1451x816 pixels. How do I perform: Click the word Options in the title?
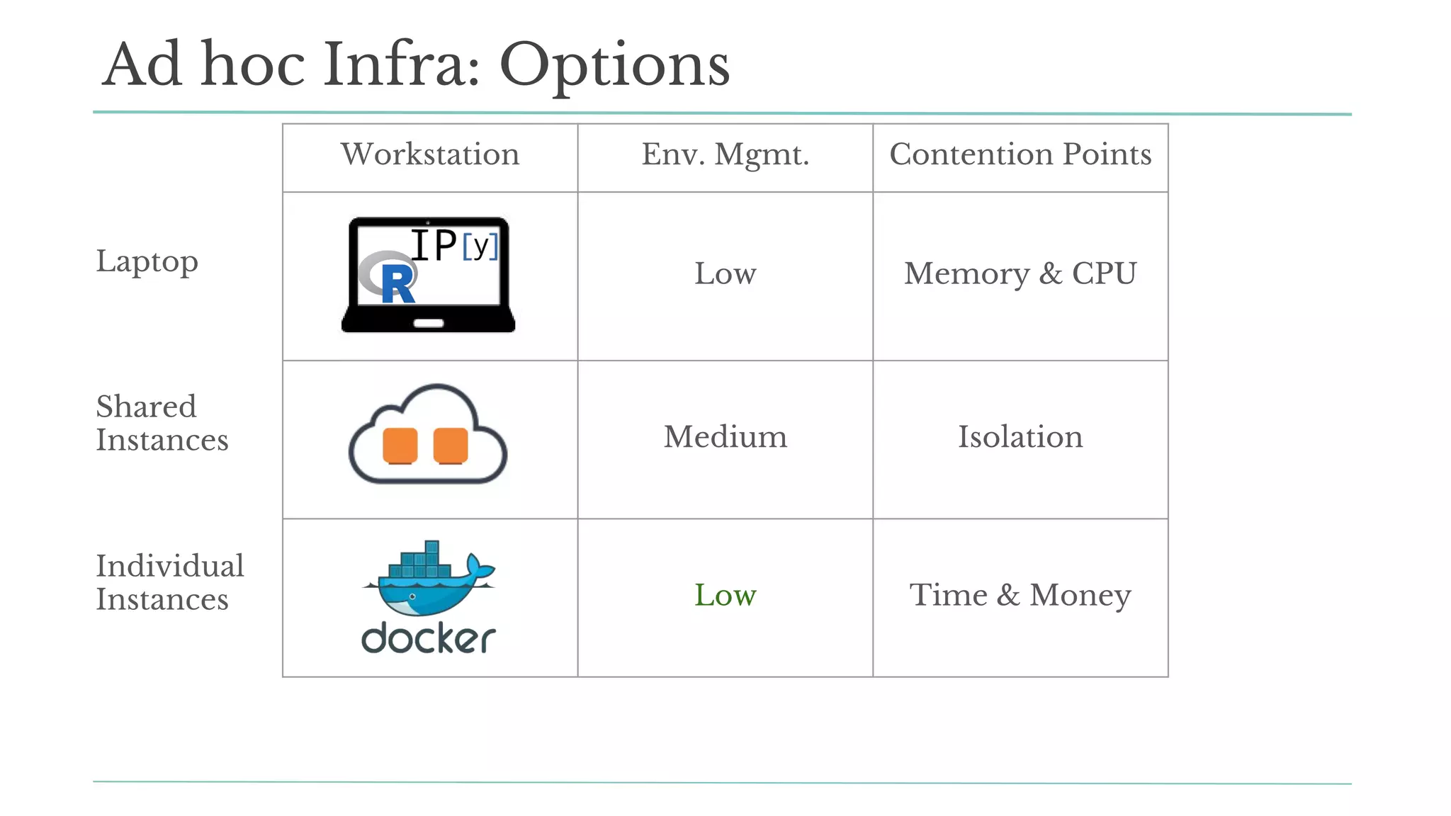(x=614, y=66)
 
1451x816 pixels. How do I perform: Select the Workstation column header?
(x=430, y=154)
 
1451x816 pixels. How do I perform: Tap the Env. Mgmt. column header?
(x=725, y=154)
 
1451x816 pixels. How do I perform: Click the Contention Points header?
(x=1020, y=154)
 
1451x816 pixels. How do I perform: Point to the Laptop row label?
(x=147, y=261)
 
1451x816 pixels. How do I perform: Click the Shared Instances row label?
(x=162, y=423)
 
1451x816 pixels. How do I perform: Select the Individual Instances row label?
(x=169, y=582)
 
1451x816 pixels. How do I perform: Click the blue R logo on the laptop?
(x=397, y=283)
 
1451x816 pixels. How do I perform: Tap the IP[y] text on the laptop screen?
(x=453, y=245)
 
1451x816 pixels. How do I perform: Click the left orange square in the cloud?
(x=400, y=446)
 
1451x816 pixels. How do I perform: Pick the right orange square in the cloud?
(x=451, y=446)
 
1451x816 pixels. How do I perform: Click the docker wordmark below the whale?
(x=428, y=638)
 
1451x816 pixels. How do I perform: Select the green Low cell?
(x=725, y=595)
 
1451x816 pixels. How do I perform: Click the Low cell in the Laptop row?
(x=725, y=273)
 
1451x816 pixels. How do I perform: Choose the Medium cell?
(x=725, y=437)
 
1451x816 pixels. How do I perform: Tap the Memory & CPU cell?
(x=1020, y=273)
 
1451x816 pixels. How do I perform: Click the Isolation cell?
(x=1020, y=437)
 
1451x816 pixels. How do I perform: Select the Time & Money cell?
(x=1020, y=595)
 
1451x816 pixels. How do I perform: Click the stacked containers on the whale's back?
(x=421, y=562)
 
